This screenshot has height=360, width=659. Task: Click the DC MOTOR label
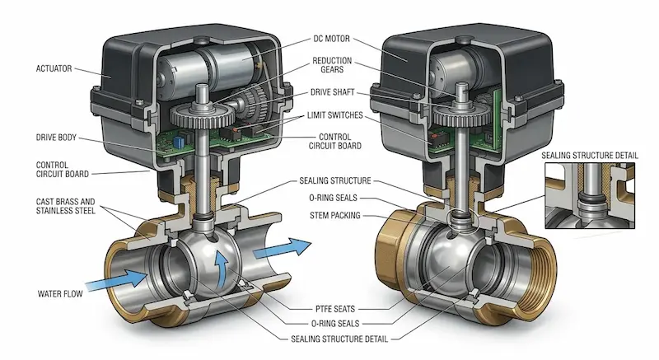[331, 39]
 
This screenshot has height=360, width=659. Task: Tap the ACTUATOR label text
[54, 68]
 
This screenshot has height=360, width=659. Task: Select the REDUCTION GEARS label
[332, 65]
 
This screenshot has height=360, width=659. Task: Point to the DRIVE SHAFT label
[333, 92]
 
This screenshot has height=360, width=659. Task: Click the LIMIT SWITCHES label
[334, 115]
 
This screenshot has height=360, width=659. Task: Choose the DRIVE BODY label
[56, 138]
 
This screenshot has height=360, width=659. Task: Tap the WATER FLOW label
[60, 293]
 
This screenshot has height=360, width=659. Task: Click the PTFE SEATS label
[335, 309]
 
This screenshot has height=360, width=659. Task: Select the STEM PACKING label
[335, 216]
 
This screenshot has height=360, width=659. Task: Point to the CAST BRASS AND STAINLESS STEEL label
[66, 206]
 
